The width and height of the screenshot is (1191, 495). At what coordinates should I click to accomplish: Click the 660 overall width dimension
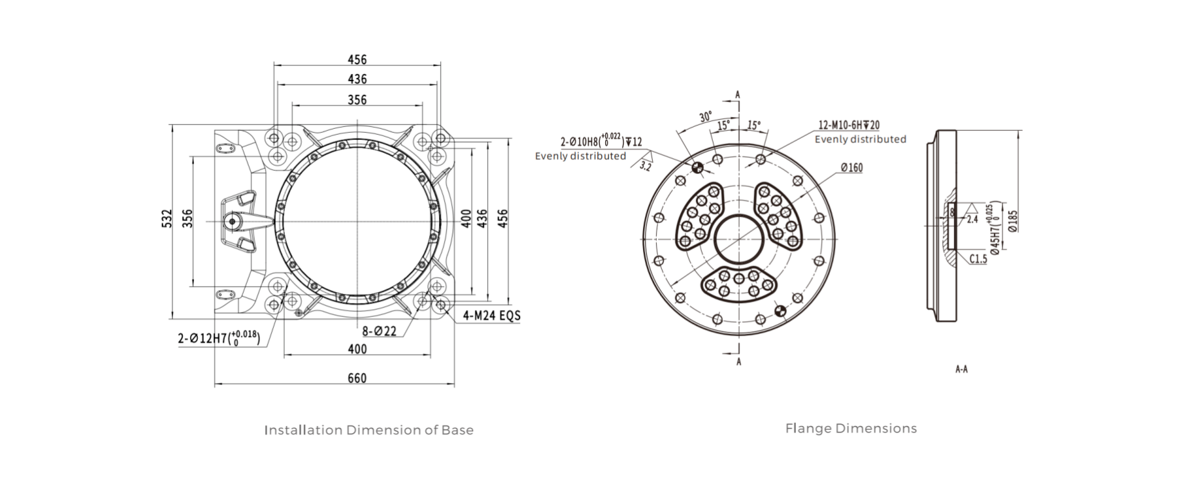click(356, 378)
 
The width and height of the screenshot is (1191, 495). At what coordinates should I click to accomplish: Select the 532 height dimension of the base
click(167, 220)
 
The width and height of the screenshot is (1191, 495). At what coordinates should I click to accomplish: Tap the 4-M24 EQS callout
click(491, 316)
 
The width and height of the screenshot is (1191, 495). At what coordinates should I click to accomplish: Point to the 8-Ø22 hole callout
click(379, 331)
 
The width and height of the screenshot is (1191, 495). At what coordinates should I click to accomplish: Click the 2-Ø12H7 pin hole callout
click(218, 338)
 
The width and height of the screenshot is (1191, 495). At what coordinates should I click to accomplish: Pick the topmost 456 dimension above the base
click(357, 59)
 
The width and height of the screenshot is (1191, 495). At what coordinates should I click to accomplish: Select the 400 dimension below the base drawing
click(357, 349)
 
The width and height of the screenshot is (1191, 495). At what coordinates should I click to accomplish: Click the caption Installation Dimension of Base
click(369, 430)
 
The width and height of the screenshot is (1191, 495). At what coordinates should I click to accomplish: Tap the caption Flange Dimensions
click(851, 428)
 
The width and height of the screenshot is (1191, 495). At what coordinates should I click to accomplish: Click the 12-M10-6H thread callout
click(849, 126)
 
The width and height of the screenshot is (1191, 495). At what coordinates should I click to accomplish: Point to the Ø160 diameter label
click(851, 168)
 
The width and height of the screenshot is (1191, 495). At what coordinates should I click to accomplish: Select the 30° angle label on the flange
click(706, 117)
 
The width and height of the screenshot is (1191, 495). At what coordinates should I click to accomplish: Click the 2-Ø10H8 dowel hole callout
click(601, 141)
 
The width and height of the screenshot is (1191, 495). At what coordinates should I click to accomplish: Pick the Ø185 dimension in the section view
click(1012, 221)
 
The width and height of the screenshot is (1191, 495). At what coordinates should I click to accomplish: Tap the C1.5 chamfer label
click(978, 259)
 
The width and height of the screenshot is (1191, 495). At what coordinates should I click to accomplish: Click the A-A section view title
click(961, 369)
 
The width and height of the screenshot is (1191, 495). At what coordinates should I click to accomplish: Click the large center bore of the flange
click(739, 239)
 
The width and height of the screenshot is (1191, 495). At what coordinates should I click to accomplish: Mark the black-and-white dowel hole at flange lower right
click(780, 311)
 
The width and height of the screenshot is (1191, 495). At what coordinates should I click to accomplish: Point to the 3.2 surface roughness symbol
click(645, 165)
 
